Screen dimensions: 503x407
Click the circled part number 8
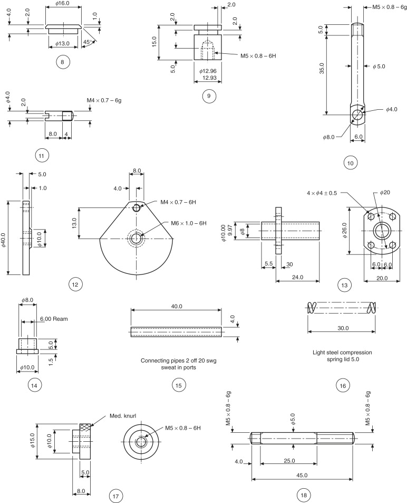[62, 62]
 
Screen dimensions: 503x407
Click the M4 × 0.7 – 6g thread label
[104, 100]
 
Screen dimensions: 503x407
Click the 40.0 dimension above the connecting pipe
[177, 306]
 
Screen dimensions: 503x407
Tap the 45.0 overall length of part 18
[302, 476]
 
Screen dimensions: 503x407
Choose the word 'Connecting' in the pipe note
[156, 360]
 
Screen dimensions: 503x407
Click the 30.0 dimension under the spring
[343, 328]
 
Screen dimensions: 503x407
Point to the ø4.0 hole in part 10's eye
[357, 114]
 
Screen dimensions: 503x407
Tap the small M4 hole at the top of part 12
[137, 207]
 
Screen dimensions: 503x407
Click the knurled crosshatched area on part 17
[86, 427]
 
